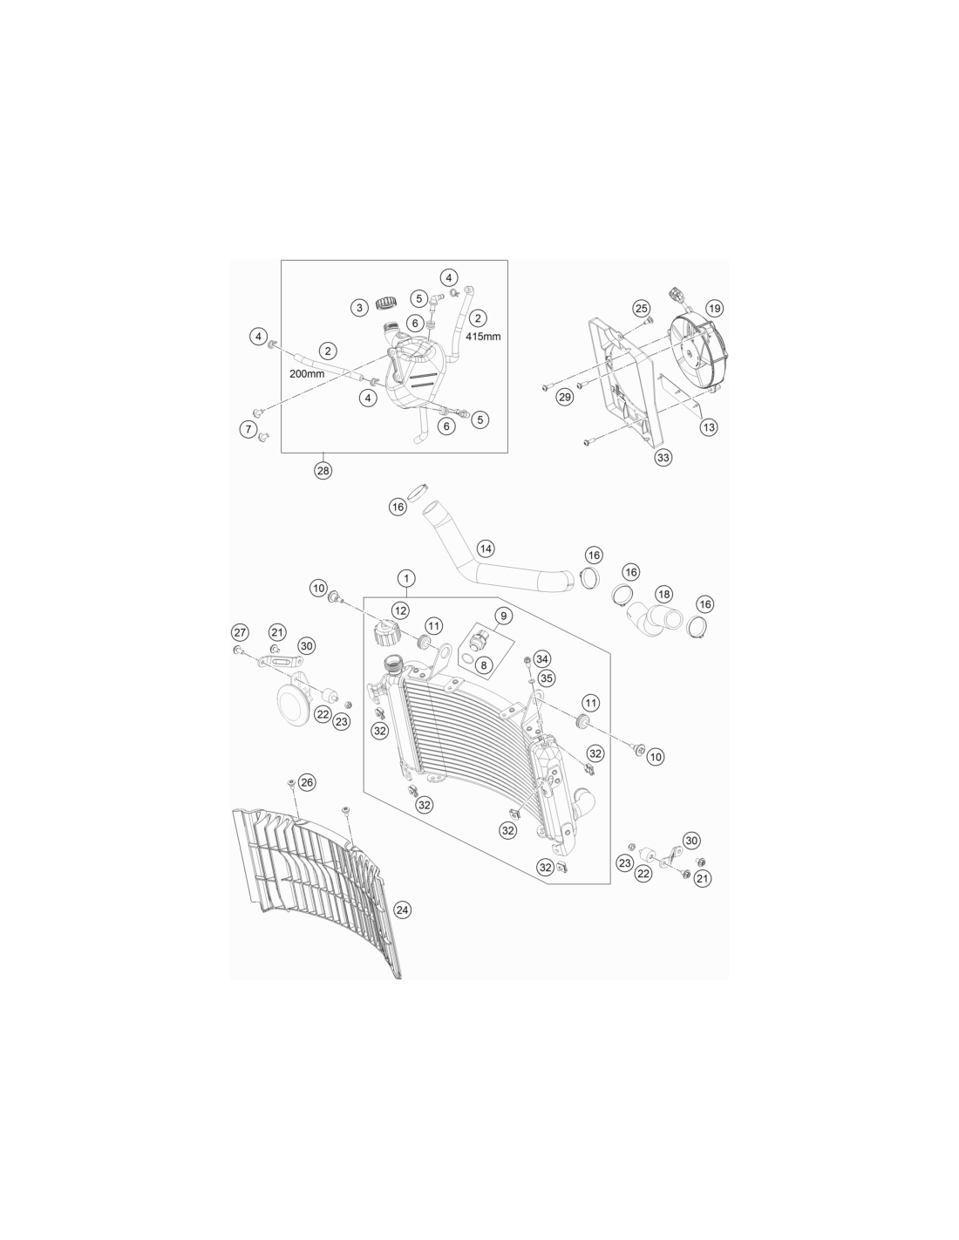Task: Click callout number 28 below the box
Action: coord(323,471)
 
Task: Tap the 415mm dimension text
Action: coord(483,337)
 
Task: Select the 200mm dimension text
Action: coord(307,374)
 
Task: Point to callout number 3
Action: coord(359,308)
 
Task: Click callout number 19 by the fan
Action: coord(714,308)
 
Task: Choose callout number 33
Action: coord(663,457)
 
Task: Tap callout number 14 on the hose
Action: coord(486,548)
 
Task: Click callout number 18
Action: coord(664,595)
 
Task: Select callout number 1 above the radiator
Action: coord(406,578)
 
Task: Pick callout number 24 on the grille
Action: coord(402,910)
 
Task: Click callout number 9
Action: coord(503,616)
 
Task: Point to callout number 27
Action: coord(240,632)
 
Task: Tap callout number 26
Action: coord(307,782)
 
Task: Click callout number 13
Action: coord(709,426)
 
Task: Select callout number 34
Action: coord(541,659)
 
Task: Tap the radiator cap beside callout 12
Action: coord(386,633)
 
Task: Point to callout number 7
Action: coord(248,428)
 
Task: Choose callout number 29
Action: coord(565,397)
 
